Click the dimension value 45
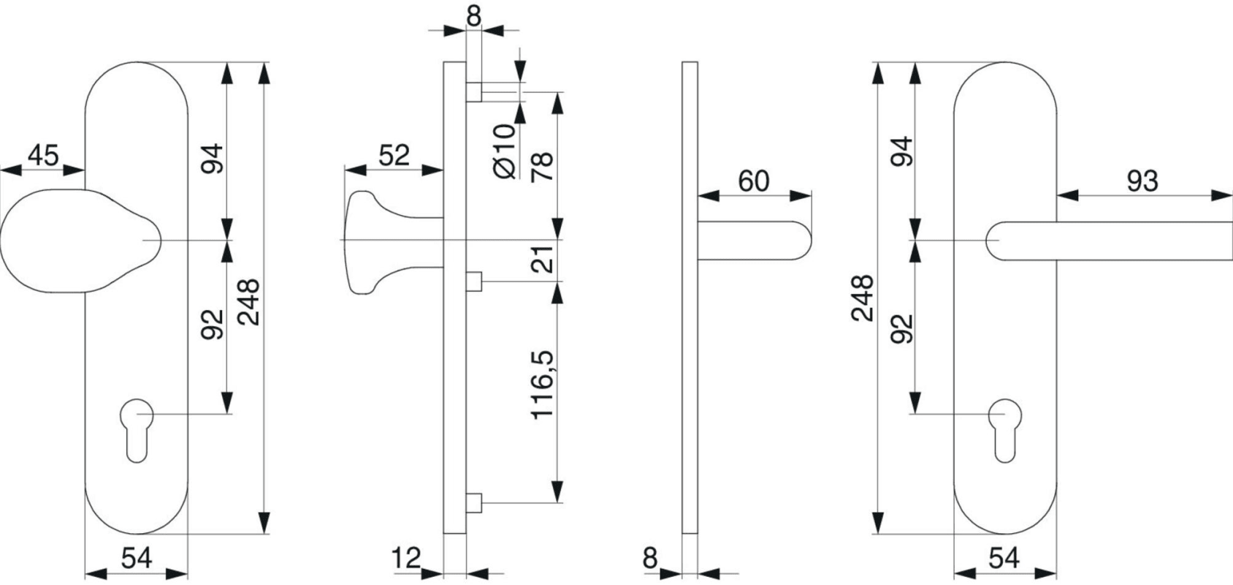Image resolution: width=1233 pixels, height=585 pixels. point(43,155)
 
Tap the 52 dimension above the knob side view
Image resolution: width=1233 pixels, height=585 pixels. point(394,156)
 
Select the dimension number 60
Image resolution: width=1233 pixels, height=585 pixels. point(754,181)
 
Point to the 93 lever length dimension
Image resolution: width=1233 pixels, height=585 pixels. point(1142,181)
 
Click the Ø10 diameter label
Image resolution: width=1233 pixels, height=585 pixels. point(505,151)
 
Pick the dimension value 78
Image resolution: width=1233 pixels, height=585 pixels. point(542,167)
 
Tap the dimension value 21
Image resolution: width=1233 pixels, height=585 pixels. point(542,259)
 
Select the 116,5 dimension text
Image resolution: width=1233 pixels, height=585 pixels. point(542,384)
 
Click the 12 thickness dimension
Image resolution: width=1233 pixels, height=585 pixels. point(406,558)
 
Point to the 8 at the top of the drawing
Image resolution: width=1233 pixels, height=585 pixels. point(473,16)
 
